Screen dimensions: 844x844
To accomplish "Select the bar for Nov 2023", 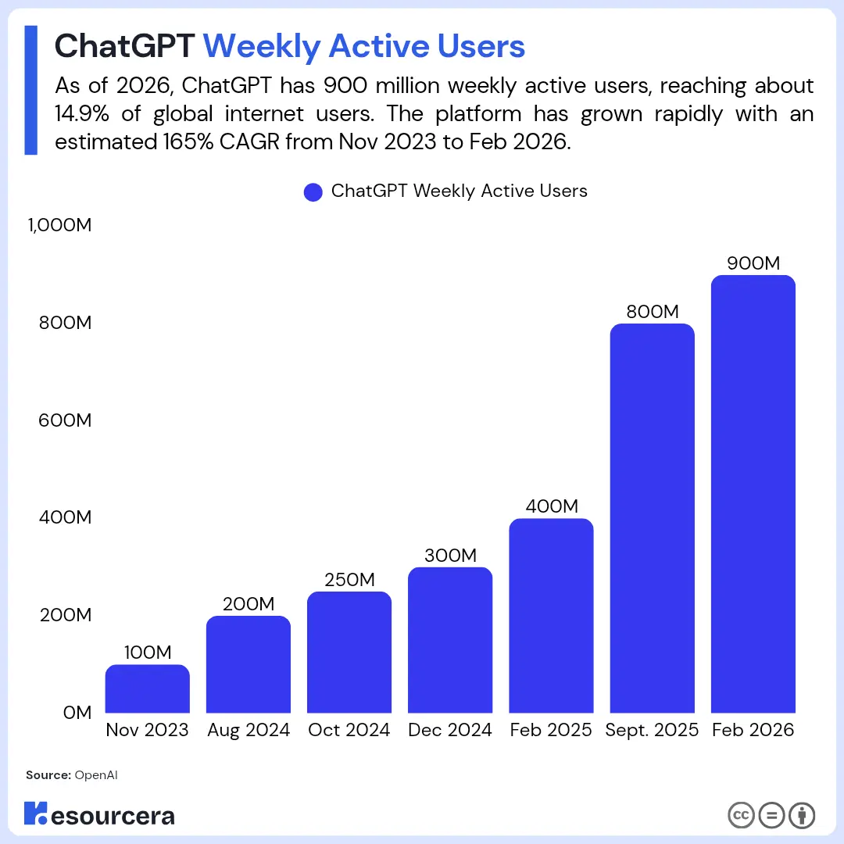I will (147, 688).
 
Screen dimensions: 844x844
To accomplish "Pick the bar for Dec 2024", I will (450, 640).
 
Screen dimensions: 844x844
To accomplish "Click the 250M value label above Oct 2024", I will (349, 580).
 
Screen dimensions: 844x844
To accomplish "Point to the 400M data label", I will (551, 506).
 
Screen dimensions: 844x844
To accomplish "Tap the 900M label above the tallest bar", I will (753, 263).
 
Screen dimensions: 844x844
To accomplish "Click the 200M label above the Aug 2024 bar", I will (249, 604).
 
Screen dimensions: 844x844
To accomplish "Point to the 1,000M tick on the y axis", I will (60, 226).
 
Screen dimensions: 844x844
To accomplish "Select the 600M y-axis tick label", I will (66, 420).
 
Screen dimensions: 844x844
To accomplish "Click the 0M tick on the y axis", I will (77, 713).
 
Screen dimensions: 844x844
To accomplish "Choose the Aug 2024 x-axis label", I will (249, 731).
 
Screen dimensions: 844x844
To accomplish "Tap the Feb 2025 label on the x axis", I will (551, 731).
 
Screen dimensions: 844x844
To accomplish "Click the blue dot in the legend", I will (313, 192).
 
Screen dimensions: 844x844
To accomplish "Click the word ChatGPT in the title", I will (124, 46).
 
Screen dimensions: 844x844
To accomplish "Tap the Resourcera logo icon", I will (37, 813).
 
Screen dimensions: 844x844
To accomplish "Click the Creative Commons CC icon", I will (740, 816).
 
